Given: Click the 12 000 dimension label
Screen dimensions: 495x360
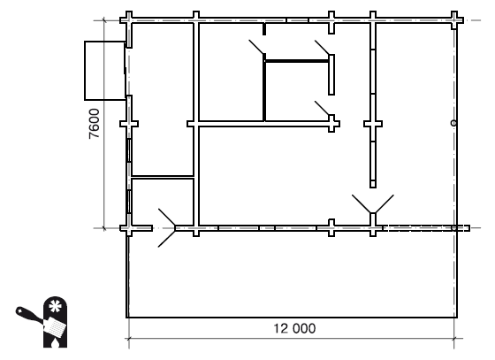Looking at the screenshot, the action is click(294, 328).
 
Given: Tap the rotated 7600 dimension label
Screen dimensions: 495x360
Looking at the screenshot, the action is click(95, 124).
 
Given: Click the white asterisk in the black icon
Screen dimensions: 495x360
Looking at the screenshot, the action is click(55, 306).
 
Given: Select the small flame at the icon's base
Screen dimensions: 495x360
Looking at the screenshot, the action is click(55, 342).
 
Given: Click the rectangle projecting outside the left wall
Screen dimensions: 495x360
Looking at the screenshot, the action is click(105, 71).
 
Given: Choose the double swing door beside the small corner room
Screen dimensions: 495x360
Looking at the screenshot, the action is click(167, 227).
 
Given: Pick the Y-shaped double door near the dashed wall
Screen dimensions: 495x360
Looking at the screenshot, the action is click(373, 204).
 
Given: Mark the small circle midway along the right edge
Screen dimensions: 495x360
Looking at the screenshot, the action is click(453, 123).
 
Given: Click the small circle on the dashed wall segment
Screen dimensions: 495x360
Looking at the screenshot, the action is click(453, 228).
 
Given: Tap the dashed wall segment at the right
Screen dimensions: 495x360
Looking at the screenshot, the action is click(426, 228).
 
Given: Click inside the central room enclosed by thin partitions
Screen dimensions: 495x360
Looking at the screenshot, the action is click(296, 91).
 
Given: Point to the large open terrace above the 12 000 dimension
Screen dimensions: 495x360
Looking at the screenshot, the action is click(292, 274).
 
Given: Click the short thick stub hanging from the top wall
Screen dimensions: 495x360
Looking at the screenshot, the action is click(264, 29).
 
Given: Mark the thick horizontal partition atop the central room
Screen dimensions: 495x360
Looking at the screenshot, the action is click(297, 61).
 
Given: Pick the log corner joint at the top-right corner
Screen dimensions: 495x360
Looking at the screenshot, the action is click(454, 20).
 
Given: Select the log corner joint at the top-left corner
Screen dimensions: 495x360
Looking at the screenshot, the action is click(129, 20).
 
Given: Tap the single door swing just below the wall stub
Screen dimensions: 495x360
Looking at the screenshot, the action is click(256, 47).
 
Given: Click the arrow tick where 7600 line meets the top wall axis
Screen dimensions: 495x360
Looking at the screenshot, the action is click(104, 20).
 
